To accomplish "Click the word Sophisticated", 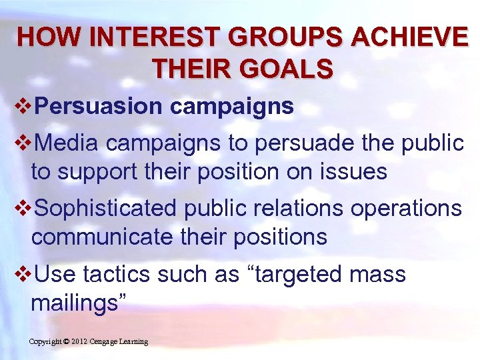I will (106, 208).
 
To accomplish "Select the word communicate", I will (100, 237).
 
